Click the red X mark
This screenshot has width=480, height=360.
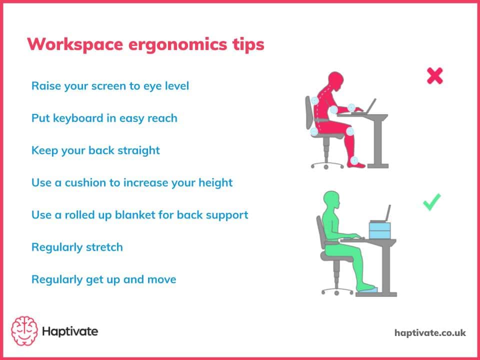pyautogui.click(x=434, y=76)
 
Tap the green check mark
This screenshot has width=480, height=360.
pyautogui.click(x=431, y=202)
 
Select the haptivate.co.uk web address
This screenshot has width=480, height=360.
pyautogui.click(x=429, y=332)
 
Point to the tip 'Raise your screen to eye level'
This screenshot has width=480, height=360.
pyautogui.click(x=110, y=85)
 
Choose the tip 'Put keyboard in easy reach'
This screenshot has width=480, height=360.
pyautogui.click(x=104, y=118)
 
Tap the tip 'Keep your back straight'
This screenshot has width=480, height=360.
pyautogui.click(x=95, y=150)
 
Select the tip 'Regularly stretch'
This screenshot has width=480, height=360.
pyautogui.click(x=77, y=247)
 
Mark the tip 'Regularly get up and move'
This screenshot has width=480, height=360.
pyautogui.click(x=103, y=279)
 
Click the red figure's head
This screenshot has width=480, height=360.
pyautogui.click(x=334, y=81)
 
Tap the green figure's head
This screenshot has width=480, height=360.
pyautogui.click(x=332, y=201)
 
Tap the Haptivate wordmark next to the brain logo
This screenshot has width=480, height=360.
pyautogui.click(x=70, y=331)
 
